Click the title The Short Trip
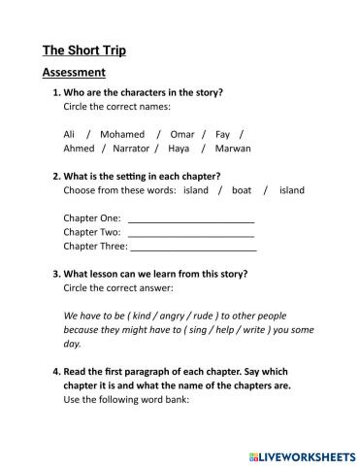[x=84, y=50]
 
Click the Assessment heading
[x=74, y=73]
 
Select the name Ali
[x=69, y=134]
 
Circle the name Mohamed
[x=122, y=134]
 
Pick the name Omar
[x=181, y=134]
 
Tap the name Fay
[x=222, y=134]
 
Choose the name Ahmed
[x=79, y=149]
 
